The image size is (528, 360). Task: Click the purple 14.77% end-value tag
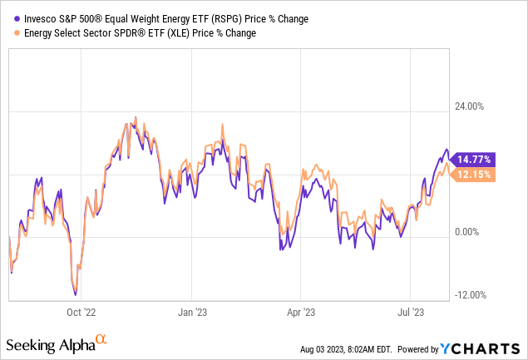click(474, 160)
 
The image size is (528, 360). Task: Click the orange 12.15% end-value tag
click(474, 174)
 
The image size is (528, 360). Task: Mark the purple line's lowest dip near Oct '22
click(76, 294)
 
